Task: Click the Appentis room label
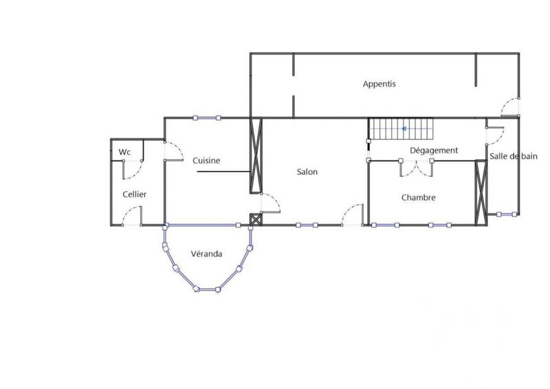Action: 379,84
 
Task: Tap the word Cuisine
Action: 206,160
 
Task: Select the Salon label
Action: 307,171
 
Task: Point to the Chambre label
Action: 418,198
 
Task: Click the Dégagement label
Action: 434,150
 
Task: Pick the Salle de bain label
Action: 513,156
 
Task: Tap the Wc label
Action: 124,151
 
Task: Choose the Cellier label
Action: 135,194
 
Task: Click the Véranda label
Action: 206,253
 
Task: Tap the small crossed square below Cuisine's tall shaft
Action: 256,220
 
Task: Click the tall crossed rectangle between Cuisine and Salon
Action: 255,156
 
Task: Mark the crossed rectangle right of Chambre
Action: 481,188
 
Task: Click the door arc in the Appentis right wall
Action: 510,107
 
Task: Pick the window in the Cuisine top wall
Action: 207,118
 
